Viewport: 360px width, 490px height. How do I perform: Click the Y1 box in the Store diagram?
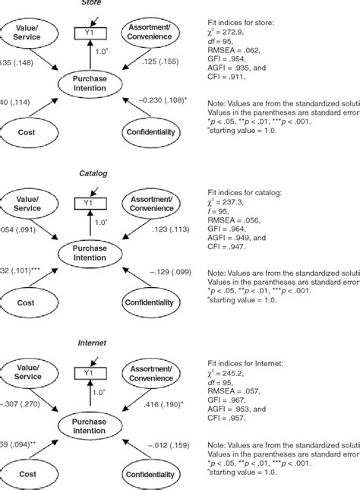point(90,33)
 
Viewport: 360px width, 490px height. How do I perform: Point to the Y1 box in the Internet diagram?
point(90,373)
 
